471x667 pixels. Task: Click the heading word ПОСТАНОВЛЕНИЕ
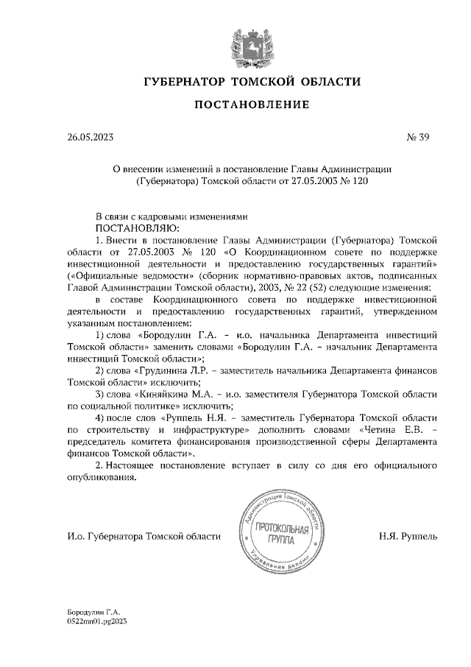[251, 105]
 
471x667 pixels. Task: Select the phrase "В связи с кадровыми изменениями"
[169, 217]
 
